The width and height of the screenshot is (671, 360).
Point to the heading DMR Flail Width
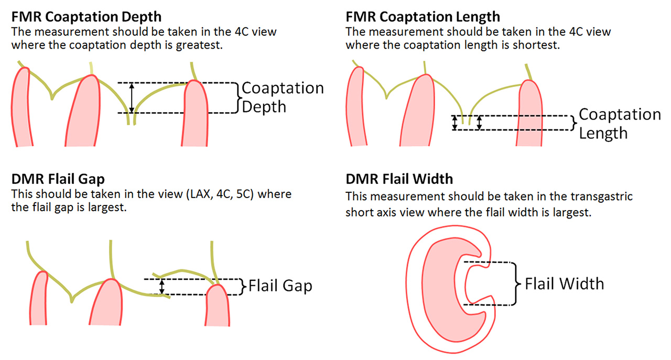[x=399, y=179]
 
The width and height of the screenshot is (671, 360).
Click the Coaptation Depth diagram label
[x=283, y=97]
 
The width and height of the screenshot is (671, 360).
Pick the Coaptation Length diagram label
[x=620, y=123]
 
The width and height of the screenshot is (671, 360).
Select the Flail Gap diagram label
[x=280, y=286]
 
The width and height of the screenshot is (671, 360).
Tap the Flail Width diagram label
[x=564, y=283]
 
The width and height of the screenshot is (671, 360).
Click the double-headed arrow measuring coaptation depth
[x=132, y=98]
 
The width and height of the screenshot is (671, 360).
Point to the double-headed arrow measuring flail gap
[x=162, y=286]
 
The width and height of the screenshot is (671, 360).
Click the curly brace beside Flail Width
[x=517, y=283]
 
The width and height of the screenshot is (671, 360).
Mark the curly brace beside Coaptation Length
[x=575, y=122]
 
